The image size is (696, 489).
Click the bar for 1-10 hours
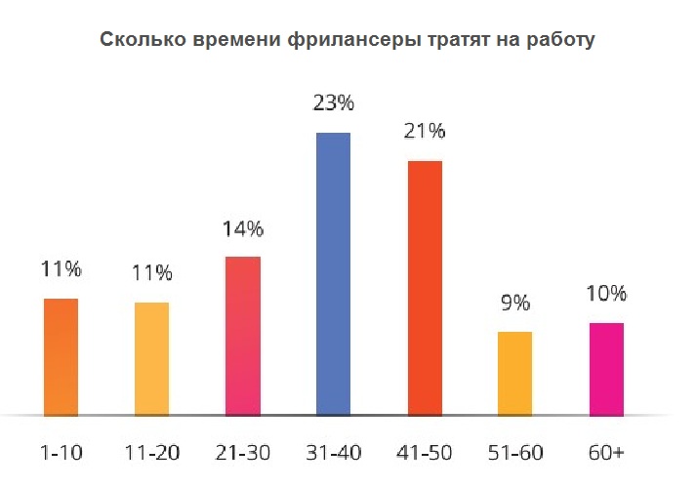click(61, 357)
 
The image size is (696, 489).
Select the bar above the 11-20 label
click(152, 359)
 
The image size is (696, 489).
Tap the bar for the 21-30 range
click(243, 337)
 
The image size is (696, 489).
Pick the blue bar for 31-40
click(333, 274)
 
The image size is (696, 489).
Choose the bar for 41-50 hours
click(425, 289)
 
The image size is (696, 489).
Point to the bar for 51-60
click(514, 374)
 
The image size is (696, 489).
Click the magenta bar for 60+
click(606, 370)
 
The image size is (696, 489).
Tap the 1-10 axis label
click(61, 453)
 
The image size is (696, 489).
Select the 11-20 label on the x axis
click(152, 453)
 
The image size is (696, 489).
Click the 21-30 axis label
click(243, 453)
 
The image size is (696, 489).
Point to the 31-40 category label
click(333, 453)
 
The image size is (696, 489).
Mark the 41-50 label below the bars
click(425, 453)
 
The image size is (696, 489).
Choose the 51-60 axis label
click(515, 453)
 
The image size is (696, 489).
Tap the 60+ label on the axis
click(606, 453)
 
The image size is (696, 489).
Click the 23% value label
click(333, 102)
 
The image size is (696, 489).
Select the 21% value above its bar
click(425, 132)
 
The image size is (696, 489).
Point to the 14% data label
click(243, 229)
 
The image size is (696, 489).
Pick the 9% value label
click(515, 304)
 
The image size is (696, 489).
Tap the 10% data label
click(606, 294)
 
